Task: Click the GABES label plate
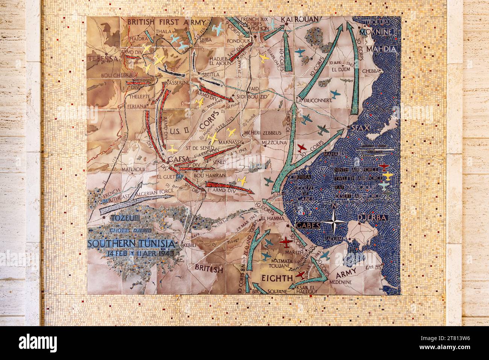(x=308, y=225)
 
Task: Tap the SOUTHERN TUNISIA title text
(x=131, y=244)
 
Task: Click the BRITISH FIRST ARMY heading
(x=166, y=22)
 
